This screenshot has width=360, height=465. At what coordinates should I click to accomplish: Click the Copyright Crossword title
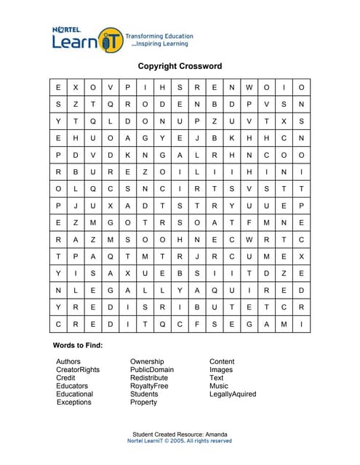(180, 66)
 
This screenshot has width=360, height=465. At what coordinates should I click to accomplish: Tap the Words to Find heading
(78, 344)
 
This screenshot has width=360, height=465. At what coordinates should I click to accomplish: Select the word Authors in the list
(68, 361)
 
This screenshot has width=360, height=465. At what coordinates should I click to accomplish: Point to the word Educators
(72, 386)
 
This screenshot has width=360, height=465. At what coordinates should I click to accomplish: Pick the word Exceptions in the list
(74, 402)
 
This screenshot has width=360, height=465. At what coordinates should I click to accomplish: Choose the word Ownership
(147, 361)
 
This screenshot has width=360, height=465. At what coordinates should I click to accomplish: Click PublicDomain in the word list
(152, 369)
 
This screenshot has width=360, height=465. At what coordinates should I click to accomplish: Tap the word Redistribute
(149, 378)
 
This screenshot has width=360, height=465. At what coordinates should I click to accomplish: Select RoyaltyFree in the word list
(148, 386)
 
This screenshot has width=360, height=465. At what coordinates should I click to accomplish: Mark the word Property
(143, 402)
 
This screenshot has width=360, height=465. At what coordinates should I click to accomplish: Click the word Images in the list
(221, 369)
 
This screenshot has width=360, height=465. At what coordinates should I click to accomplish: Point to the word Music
(219, 386)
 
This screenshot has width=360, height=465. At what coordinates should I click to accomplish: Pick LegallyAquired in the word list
(233, 394)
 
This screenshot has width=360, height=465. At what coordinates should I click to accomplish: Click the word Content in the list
(222, 361)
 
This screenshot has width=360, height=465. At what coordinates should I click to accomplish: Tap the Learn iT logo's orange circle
(110, 40)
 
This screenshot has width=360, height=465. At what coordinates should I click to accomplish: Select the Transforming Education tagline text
(159, 36)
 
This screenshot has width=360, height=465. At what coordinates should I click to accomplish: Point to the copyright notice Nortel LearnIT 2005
(180, 441)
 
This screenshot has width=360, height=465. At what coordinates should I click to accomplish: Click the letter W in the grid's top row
(249, 87)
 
